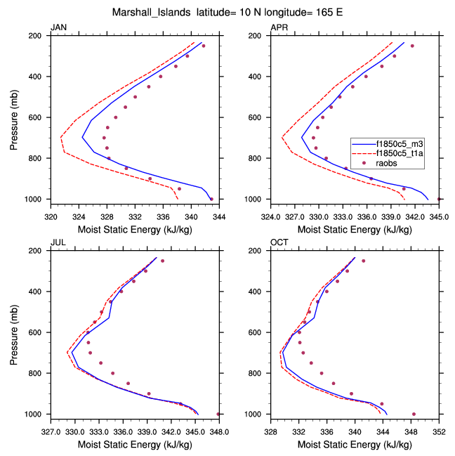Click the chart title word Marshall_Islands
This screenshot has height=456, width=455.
click(147, 12)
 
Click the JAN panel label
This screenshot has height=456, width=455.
click(58, 27)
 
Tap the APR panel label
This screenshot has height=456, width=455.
click(279, 27)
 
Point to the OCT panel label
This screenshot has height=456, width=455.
click(279, 242)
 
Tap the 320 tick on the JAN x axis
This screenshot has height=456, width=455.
click(51, 209)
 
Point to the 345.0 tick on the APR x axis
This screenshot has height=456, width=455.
click(439, 209)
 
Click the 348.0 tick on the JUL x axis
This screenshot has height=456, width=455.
click(218, 424)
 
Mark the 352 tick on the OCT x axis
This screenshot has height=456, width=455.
click(439, 424)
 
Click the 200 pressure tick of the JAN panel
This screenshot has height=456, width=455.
click(39, 35)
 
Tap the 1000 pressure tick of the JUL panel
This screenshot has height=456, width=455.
click(37, 415)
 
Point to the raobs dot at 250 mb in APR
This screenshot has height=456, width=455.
click(412, 46)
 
